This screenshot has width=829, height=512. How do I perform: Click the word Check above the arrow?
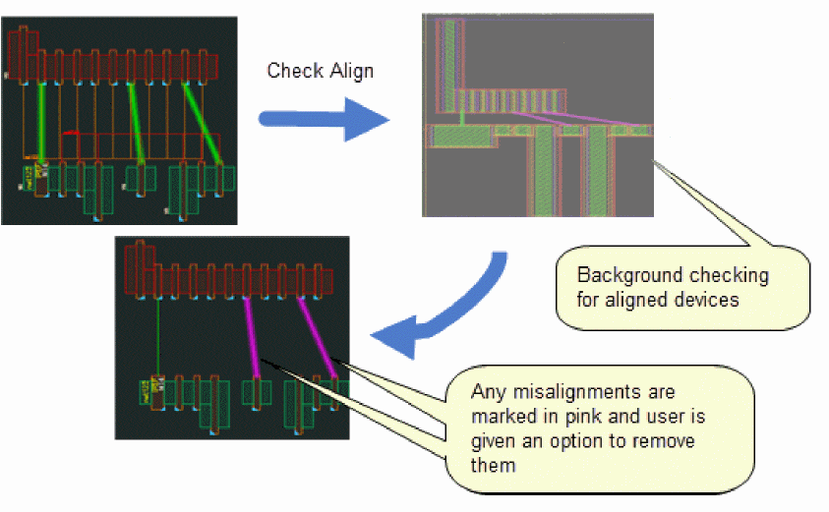click(x=291, y=72)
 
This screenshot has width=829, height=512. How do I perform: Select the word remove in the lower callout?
click(x=663, y=440)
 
